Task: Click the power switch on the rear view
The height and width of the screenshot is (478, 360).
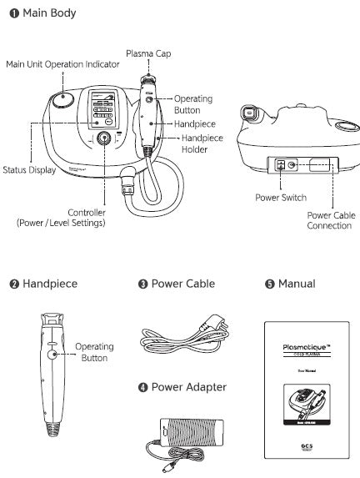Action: click(280, 165)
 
